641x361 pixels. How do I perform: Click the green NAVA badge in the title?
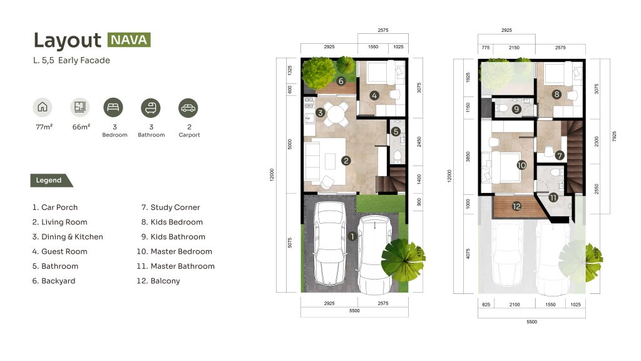(129, 39)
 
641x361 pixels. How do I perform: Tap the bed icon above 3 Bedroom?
(113, 107)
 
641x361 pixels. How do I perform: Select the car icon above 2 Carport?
(188, 108)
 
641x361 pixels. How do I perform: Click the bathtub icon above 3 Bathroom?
(151, 108)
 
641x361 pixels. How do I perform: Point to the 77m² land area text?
(44, 127)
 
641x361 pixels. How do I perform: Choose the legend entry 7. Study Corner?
(170, 207)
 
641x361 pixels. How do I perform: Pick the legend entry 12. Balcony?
(158, 281)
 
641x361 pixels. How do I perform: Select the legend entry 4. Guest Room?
(59, 251)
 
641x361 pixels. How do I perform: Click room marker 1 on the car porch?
(352, 236)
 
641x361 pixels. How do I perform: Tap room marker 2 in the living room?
(346, 160)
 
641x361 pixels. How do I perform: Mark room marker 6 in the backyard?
(341, 81)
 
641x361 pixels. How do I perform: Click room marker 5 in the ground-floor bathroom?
(396, 132)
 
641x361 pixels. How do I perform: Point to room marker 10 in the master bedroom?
(521, 165)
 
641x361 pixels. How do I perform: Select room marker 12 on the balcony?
(516, 206)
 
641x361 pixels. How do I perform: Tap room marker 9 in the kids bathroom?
(516, 109)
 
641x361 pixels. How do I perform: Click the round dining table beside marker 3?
(337, 113)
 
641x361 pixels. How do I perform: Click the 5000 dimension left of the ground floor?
(290, 144)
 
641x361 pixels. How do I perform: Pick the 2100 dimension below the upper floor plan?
(515, 305)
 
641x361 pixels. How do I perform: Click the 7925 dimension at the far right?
(614, 136)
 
